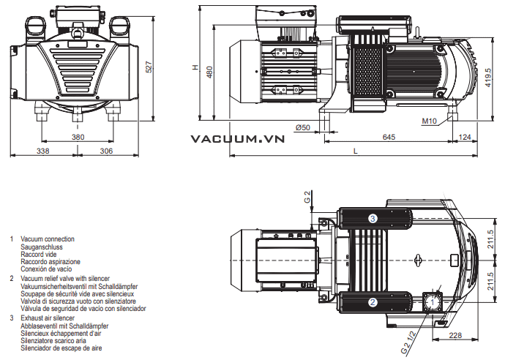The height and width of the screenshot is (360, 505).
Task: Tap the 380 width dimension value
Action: coord(78,137)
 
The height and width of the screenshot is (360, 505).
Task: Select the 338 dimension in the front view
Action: coord(42,151)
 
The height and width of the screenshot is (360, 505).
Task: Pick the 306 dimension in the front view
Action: coord(106,151)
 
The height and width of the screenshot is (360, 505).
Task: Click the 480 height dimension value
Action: coord(209,72)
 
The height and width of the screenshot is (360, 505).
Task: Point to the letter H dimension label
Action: coord(195,67)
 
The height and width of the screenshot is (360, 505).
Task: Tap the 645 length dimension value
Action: coord(389,137)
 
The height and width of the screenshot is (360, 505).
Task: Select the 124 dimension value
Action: coord(464,137)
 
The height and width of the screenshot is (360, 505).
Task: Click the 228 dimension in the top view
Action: coord(454,337)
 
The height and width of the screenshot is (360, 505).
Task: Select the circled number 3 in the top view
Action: coord(373,218)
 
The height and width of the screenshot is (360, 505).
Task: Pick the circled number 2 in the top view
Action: coord(373,301)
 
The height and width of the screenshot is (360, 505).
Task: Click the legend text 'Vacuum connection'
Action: coord(48,239)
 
